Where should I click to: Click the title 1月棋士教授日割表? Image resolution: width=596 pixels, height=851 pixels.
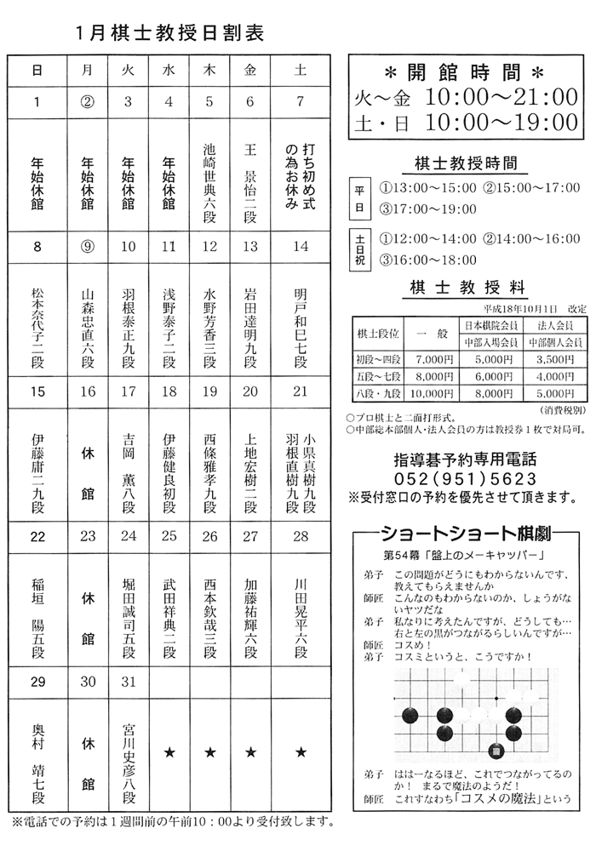169,33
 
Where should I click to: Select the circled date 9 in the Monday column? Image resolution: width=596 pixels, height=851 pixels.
86,247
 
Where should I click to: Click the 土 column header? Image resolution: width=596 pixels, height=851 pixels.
300,71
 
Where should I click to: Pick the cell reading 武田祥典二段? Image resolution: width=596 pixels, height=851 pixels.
169,619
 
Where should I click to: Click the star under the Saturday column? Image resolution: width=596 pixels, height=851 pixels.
300,752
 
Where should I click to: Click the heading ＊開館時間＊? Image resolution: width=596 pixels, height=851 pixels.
465,69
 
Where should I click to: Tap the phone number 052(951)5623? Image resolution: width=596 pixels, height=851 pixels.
466,479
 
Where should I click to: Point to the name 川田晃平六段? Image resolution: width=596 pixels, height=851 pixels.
300,619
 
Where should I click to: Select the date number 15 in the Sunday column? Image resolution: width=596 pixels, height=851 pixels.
37,391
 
